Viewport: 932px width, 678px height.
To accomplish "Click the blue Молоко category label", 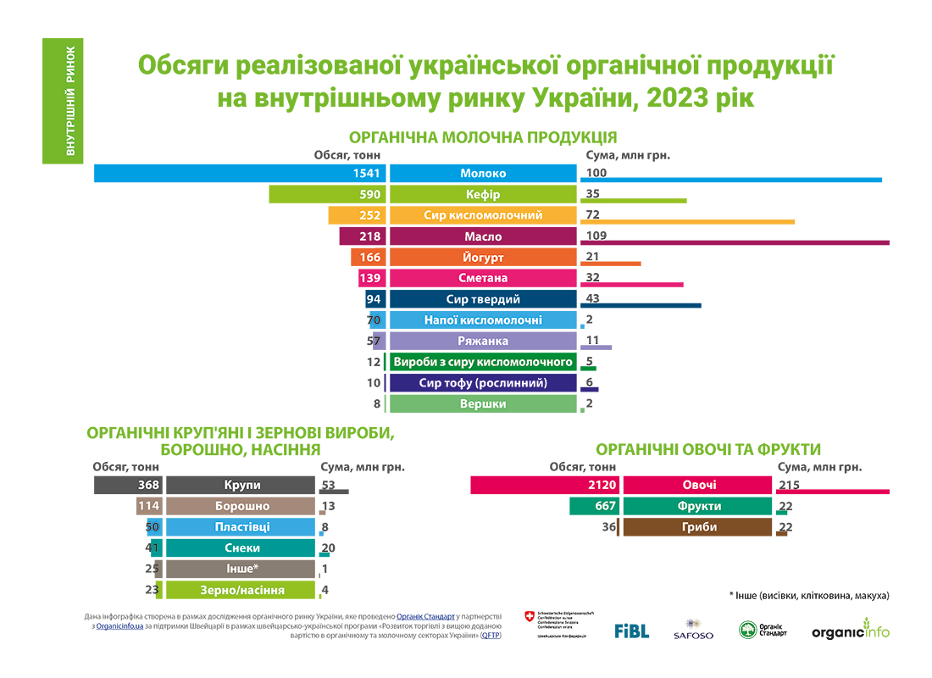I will (x=483, y=174).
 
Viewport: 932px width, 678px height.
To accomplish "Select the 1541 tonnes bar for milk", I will (x=241, y=174).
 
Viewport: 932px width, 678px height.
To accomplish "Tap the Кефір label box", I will (x=483, y=195).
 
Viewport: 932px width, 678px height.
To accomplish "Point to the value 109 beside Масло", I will (x=597, y=236).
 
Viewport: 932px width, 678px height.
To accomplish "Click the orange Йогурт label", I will (x=483, y=258).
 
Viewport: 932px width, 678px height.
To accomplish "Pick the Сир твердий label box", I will (x=483, y=299).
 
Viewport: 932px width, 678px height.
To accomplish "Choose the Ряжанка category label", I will (x=483, y=341).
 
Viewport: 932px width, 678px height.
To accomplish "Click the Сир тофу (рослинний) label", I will (x=483, y=383).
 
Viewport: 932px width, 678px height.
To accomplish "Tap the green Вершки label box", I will (x=483, y=404).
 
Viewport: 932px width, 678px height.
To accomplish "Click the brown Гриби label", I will (x=698, y=527).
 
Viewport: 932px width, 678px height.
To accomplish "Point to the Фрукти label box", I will (x=698, y=506).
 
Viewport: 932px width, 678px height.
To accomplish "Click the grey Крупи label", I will (x=241, y=485).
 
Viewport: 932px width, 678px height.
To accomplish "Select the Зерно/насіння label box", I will (x=241, y=590).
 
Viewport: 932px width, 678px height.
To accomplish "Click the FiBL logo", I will (x=631, y=631).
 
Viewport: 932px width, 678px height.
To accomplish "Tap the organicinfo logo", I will (x=850, y=631).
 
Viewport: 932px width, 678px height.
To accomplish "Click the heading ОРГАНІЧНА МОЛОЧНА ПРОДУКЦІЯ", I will (x=483, y=137).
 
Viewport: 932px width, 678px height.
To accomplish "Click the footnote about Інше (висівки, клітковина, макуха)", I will (x=808, y=595).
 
